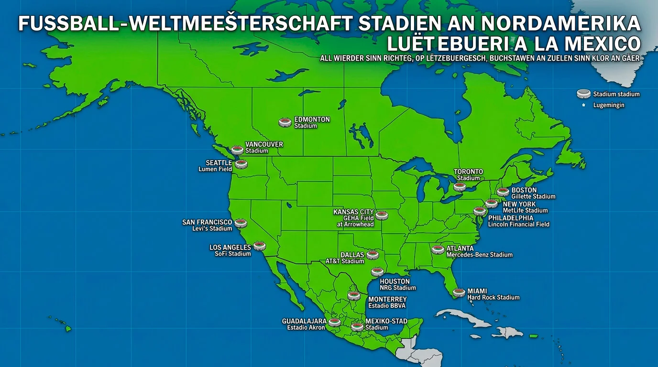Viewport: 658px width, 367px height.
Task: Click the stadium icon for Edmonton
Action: coord(285,123)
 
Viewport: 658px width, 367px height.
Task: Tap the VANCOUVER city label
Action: coord(264,144)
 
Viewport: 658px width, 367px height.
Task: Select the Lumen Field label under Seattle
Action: coord(215,169)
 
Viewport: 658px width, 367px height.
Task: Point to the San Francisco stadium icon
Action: coord(241,223)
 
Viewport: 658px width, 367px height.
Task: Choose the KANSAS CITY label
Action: coord(353,212)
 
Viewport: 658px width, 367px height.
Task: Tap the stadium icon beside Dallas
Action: coord(373,255)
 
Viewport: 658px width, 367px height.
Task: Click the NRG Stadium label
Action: coord(397,288)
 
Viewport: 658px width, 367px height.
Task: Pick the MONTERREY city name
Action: coord(387,299)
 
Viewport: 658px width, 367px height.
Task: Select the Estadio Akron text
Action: coord(306,327)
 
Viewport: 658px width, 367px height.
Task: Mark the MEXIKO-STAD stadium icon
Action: coord(357,327)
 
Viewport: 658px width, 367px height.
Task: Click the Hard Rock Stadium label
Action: coord(493,297)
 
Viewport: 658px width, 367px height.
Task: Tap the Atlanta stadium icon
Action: coord(438,249)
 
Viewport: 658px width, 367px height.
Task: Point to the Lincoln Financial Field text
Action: coord(518,224)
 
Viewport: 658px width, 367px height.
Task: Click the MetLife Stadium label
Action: coord(525,210)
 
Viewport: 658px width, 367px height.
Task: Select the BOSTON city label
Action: coord(524,190)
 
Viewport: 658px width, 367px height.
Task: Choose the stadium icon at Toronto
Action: coord(460,187)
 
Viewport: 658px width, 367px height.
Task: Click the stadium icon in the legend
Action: coord(583,94)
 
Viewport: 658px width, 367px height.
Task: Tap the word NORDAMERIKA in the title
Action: coord(560,24)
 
